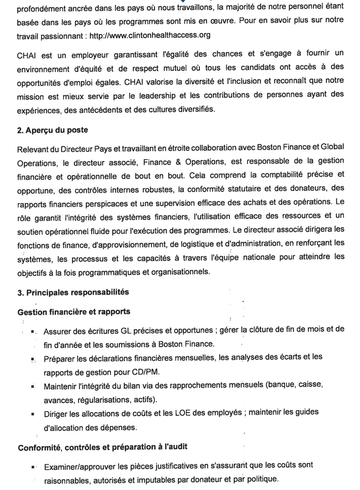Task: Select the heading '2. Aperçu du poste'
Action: [x=53, y=130]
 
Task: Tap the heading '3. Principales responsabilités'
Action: [x=73, y=292]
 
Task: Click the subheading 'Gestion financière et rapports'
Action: [x=74, y=312]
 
